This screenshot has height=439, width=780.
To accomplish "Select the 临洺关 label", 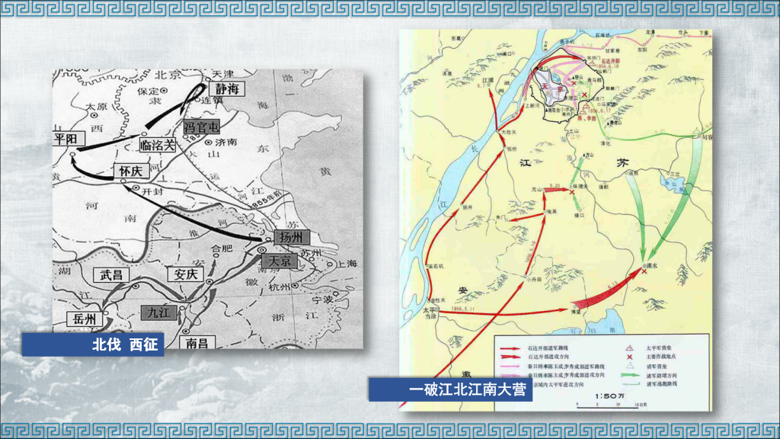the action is [x=158, y=144].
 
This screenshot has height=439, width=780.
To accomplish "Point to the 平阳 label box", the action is [x=66, y=139].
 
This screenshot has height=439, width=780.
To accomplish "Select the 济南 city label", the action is [x=225, y=142].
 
